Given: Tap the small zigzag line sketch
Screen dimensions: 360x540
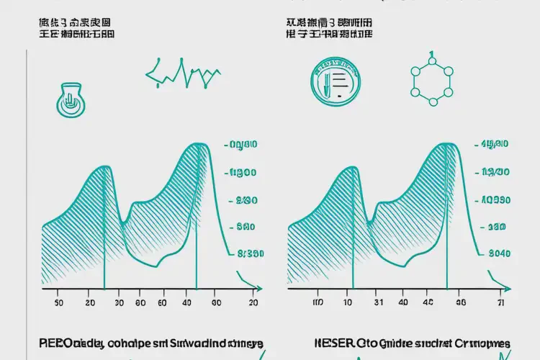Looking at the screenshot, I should tap(183, 73).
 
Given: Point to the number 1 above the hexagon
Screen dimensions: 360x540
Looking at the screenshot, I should tap(431, 55).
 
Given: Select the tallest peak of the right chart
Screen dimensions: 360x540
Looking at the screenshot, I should tap(444, 145).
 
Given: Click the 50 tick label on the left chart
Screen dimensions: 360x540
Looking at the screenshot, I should tap(58, 304).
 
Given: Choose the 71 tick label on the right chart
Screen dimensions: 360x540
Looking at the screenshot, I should tap(500, 304).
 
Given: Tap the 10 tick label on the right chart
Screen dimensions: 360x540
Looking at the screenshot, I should tap(348, 304).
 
